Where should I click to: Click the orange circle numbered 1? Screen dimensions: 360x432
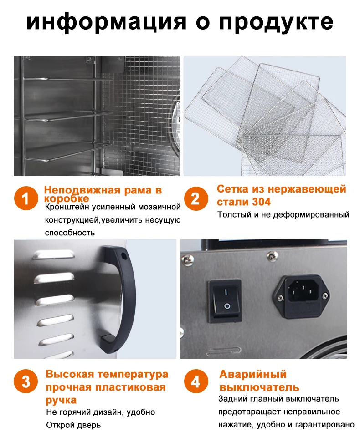(26, 198)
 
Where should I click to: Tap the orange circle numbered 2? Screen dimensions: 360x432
(195, 198)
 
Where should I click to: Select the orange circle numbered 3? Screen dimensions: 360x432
(26, 382)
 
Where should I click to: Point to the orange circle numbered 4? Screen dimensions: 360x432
(195, 381)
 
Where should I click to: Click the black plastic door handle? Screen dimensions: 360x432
(118, 299)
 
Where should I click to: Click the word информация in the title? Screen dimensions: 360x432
(106, 21)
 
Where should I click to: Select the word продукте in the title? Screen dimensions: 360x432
(276, 21)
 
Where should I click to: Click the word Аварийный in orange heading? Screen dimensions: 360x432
(253, 374)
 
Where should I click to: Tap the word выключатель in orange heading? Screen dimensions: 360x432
(259, 387)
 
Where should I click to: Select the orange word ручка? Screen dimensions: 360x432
(61, 400)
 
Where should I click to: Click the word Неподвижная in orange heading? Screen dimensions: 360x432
(82, 190)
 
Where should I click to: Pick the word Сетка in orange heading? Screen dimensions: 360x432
(232, 189)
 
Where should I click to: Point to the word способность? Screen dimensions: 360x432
(70, 233)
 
